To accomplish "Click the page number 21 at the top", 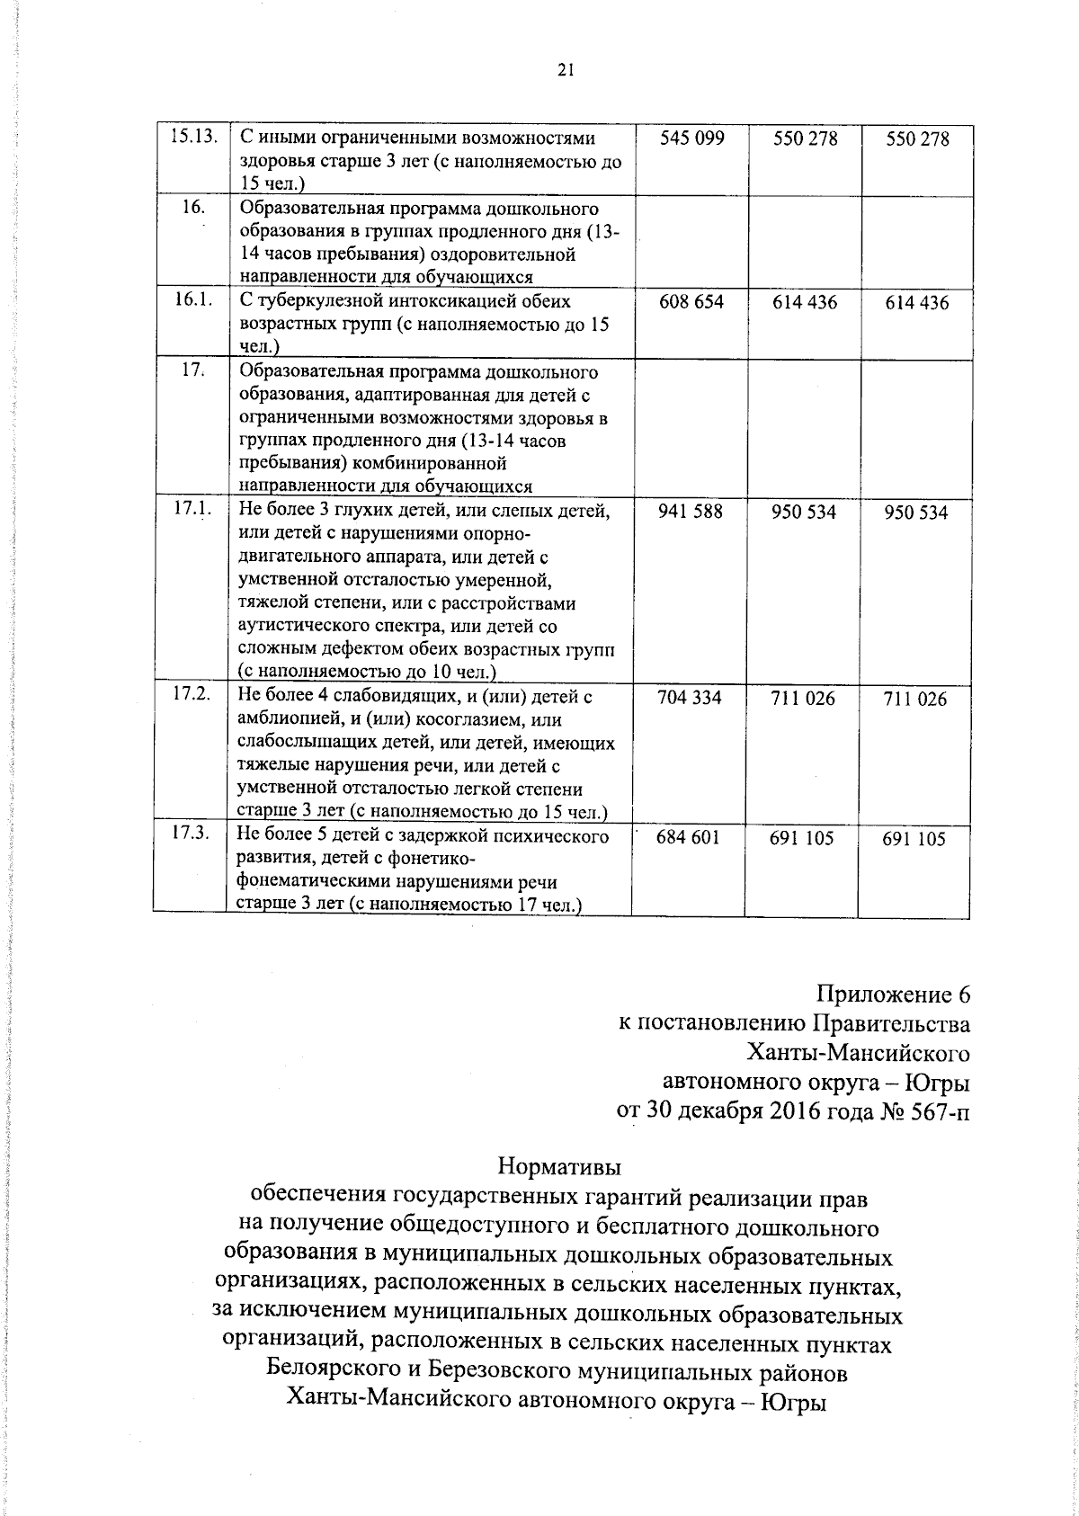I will (x=566, y=71).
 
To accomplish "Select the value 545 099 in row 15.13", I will (x=691, y=138).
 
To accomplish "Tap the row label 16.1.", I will (x=192, y=301).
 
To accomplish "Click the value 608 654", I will (x=691, y=302).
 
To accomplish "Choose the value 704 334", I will (x=691, y=698).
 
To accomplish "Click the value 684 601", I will (x=689, y=837).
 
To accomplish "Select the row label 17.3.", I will (x=191, y=834).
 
